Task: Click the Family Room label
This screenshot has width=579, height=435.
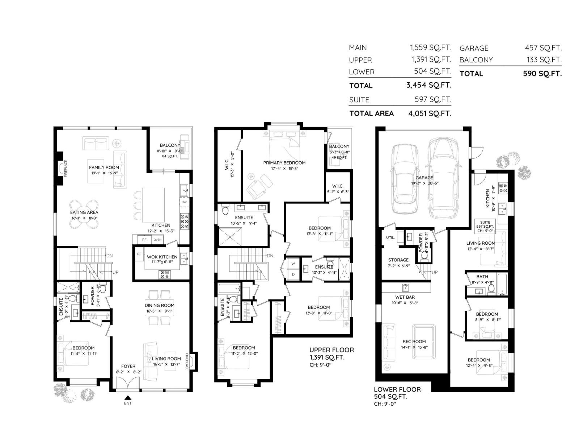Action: [x=104, y=167]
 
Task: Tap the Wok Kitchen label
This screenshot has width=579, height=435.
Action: [x=162, y=257]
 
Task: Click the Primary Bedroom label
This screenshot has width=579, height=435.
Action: [x=284, y=163]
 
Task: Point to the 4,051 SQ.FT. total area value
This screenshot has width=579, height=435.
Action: [x=430, y=113]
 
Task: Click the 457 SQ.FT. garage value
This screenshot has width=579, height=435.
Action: [x=543, y=48]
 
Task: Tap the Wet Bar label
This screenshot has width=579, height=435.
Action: [x=405, y=297]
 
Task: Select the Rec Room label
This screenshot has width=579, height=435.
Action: [x=414, y=341]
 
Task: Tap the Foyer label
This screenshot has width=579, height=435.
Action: [x=128, y=366]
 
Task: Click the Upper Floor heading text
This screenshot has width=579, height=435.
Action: [x=331, y=350]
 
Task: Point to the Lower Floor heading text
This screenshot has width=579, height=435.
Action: [x=397, y=389]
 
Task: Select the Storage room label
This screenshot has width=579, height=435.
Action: [x=398, y=260]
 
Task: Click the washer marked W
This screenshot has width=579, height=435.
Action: [x=293, y=264]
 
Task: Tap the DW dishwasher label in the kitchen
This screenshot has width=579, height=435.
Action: [x=184, y=202]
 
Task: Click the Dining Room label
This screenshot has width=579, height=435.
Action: [x=159, y=306]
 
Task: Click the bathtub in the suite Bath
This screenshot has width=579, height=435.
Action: [x=503, y=284]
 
